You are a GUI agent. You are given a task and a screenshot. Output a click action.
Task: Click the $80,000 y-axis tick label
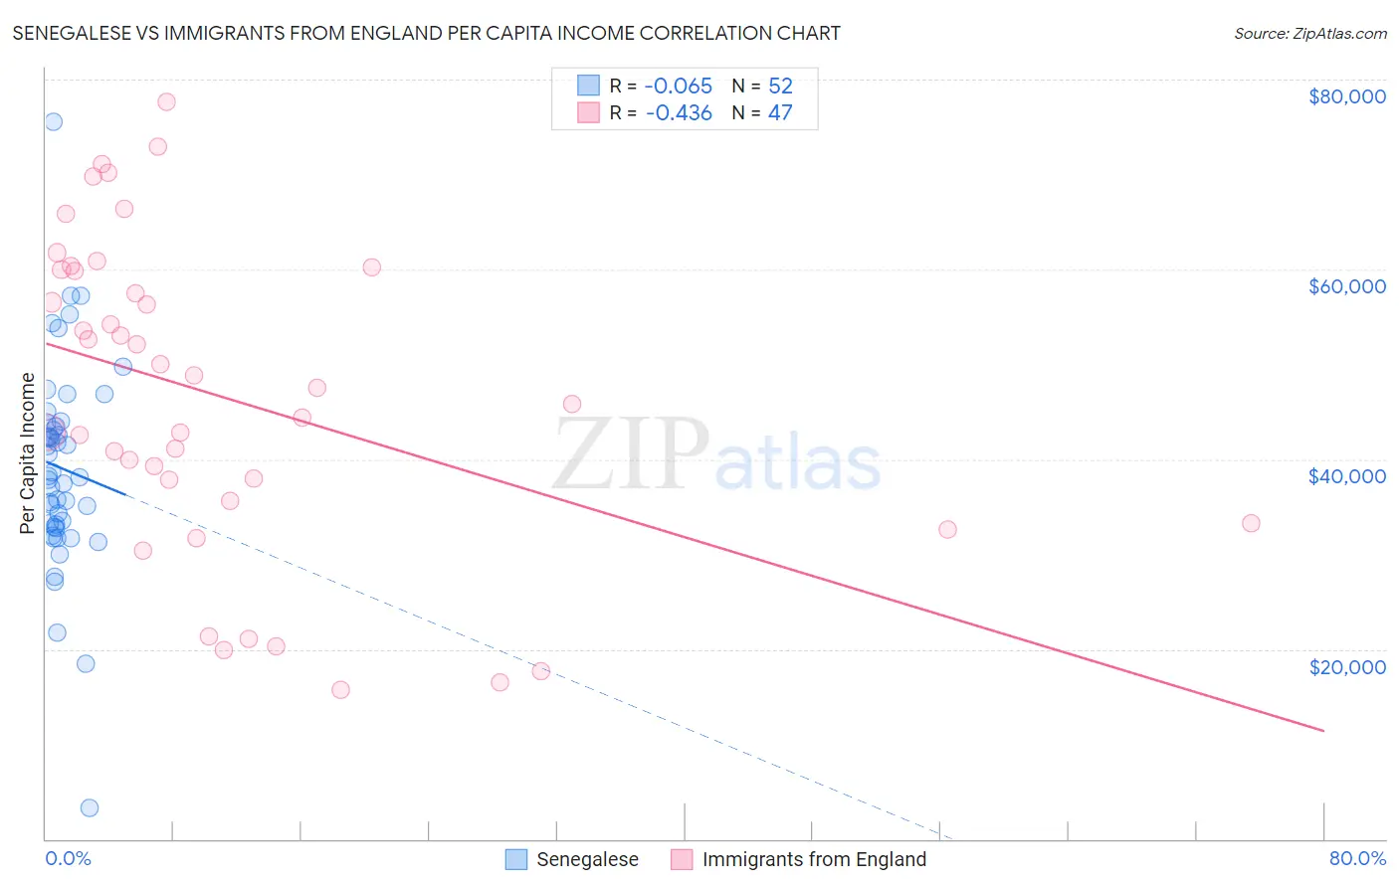tap(1346, 96)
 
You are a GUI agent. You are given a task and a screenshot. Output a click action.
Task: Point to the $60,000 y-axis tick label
tap(1346, 286)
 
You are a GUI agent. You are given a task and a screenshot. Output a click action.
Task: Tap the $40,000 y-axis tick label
tap(1346, 476)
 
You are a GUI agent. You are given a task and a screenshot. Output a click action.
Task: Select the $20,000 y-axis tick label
tap(1346, 666)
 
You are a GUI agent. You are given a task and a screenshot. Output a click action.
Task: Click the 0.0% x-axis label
tap(68, 858)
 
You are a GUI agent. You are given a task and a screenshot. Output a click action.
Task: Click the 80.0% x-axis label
tap(1357, 858)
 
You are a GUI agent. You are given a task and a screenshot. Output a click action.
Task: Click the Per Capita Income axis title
tap(28, 453)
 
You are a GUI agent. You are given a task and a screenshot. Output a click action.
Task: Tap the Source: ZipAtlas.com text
tap(1309, 34)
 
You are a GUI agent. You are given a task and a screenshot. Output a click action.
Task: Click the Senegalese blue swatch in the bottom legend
tap(515, 859)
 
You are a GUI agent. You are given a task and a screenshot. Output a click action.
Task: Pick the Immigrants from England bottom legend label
tap(814, 859)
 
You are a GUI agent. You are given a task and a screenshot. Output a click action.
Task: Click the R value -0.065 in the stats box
tap(679, 87)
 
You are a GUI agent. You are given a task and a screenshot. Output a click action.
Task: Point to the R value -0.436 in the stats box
tap(679, 113)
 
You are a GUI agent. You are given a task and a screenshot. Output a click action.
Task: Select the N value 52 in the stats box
tap(780, 87)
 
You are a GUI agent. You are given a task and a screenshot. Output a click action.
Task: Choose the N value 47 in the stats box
tap(780, 113)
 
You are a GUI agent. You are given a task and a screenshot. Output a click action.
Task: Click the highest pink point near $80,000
tap(166, 101)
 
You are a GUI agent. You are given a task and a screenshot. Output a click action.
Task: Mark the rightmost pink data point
tap(1251, 523)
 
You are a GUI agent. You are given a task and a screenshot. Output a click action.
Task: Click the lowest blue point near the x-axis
tap(90, 807)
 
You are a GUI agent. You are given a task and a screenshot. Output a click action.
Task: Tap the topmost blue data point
tap(54, 121)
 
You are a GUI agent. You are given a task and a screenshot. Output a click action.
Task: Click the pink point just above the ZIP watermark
tap(572, 404)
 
